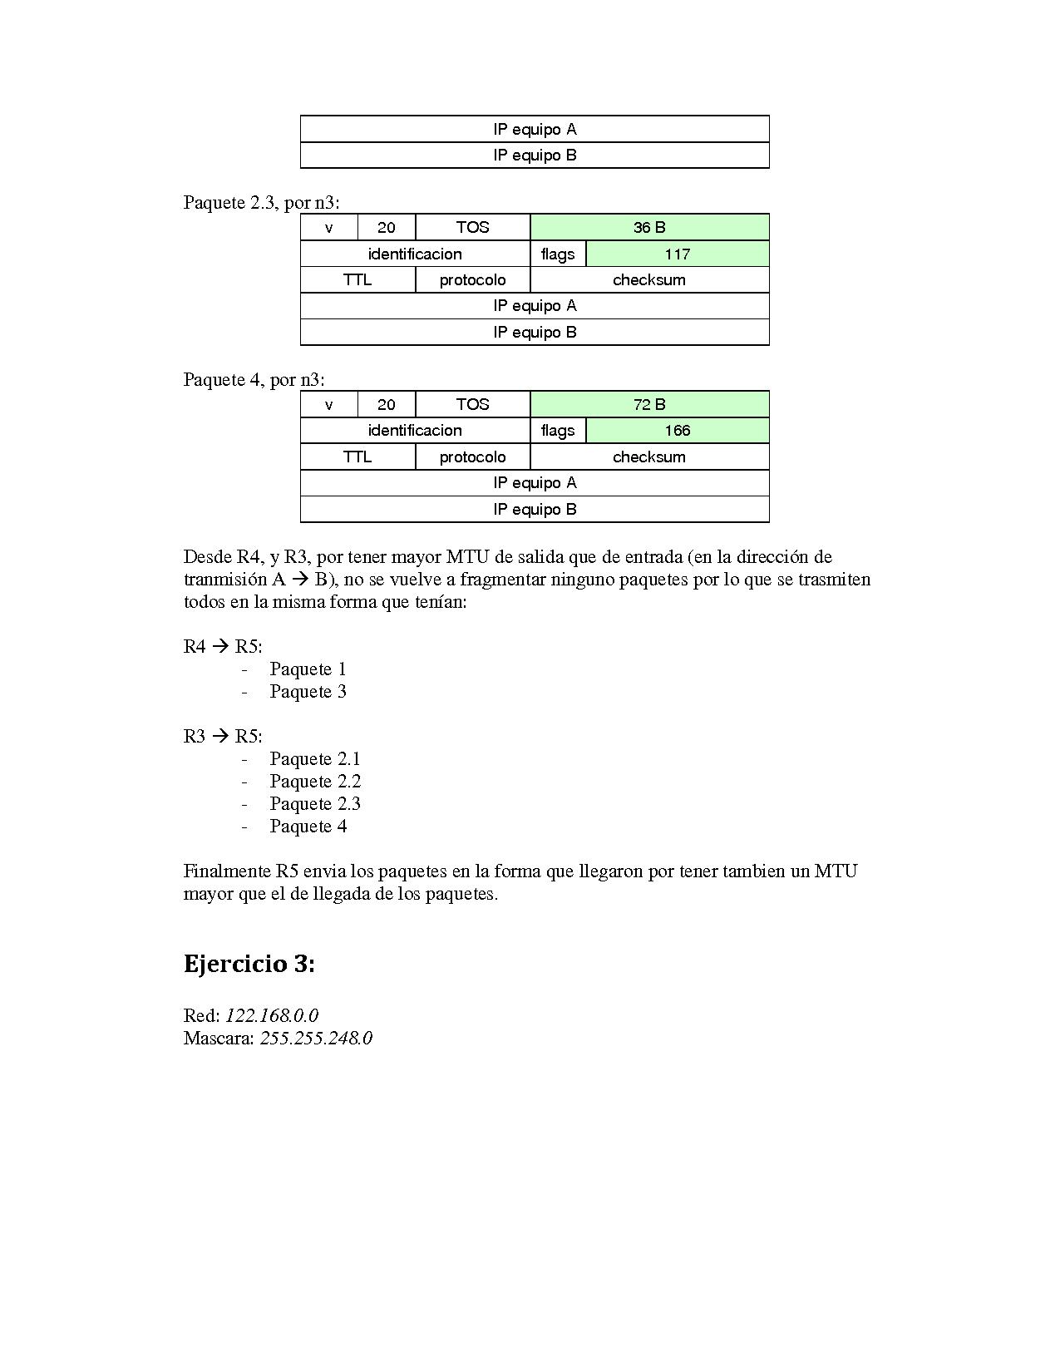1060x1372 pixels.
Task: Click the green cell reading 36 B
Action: (649, 227)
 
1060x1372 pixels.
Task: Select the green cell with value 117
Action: (678, 254)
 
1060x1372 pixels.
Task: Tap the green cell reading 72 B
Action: (649, 404)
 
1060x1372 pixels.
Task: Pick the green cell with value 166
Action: (678, 430)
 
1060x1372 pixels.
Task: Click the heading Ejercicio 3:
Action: (249, 964)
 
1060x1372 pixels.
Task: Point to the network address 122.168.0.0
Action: (272, 1015)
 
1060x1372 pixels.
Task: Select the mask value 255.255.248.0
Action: (316, 1038)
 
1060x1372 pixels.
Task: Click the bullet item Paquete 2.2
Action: (315, 781)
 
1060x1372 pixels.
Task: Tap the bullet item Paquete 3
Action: (308, 691)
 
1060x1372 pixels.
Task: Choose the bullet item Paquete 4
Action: (308, 826)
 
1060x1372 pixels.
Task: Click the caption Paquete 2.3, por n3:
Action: (261, 202)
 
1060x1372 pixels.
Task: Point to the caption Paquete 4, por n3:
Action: (254, 379)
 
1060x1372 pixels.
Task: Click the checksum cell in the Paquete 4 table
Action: (649, 457)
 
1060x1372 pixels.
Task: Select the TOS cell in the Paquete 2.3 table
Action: (472, 227)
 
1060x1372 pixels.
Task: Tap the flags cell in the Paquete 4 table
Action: (558, 430)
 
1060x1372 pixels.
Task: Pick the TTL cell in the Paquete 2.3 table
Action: (357, 279)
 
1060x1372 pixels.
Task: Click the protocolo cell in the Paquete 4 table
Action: (472, 457)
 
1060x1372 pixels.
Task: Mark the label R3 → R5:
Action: (223, 736)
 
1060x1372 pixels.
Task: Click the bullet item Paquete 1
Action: (308, 669)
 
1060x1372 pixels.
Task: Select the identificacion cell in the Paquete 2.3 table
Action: (415, 254)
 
